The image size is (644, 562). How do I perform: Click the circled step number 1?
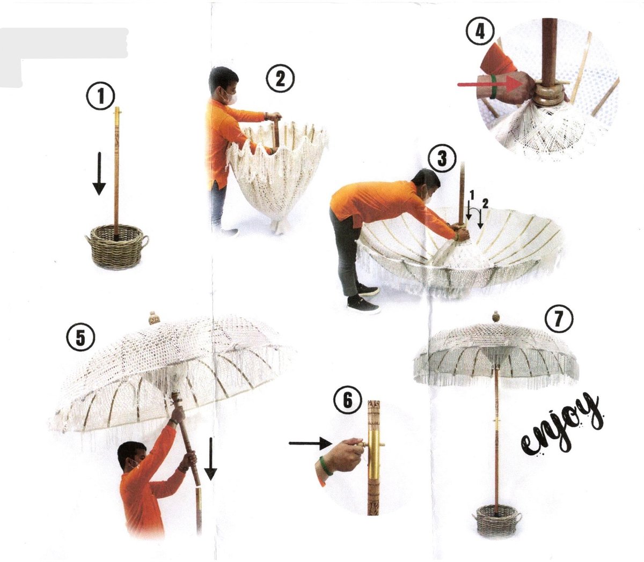coord(101,96)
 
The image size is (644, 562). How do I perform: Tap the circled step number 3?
coord(442,158)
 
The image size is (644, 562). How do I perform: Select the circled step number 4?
coord(480,31)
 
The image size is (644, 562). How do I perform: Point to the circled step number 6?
coord(348,401)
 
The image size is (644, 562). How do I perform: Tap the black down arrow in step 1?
coord(99,174)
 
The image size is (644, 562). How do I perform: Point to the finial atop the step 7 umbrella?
coord(496,317)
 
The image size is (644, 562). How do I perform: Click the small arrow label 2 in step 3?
coord(485,204)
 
